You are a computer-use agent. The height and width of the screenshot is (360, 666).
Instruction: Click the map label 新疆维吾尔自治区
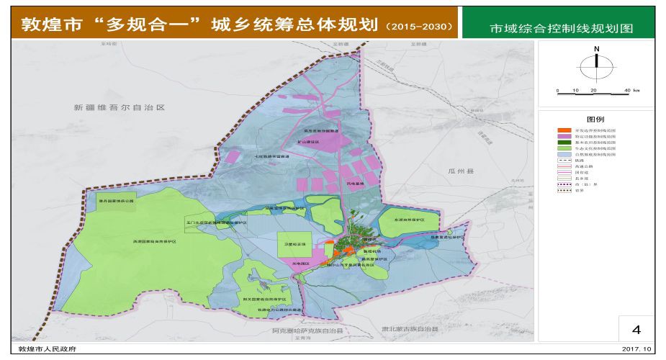[120, 107]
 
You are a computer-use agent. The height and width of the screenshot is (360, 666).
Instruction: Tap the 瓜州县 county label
[458, 172]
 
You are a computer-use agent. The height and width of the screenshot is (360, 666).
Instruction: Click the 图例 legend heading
[595, 119]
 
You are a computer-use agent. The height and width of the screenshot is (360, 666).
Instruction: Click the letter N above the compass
[596, 49]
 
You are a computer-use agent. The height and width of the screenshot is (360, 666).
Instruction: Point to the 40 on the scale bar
[627, 90]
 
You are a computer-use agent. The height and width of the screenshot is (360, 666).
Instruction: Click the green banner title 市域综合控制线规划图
[561, 29]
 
